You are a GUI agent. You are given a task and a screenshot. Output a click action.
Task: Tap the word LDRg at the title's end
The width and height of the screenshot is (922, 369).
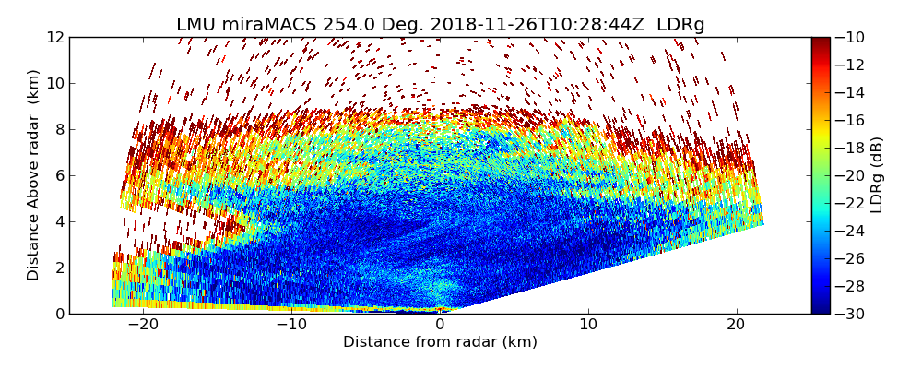click(680, 25)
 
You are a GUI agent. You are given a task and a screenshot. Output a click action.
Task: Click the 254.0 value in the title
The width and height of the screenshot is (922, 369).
click(343, 25)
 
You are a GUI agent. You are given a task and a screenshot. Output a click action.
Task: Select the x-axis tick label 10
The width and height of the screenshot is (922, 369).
click(588, 325)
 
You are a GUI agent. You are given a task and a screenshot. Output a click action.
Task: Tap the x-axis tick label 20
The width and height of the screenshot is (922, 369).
click(737, 325)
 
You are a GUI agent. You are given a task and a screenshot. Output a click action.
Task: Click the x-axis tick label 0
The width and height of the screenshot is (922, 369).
click(440, 325)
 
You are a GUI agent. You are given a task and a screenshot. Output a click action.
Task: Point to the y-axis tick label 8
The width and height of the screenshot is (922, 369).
click(59, 129)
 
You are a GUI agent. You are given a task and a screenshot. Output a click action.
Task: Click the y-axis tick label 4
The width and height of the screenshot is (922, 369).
click(59, 221)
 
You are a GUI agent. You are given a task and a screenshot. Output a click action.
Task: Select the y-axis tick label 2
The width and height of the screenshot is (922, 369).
click(59, 268)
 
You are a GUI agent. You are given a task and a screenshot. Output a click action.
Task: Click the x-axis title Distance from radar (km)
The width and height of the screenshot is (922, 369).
click(440, 342)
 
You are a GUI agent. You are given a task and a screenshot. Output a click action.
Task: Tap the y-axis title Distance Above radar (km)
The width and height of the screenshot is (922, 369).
click(34, 175)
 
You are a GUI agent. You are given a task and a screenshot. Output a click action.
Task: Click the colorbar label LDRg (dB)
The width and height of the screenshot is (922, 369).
click(876, 175)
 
